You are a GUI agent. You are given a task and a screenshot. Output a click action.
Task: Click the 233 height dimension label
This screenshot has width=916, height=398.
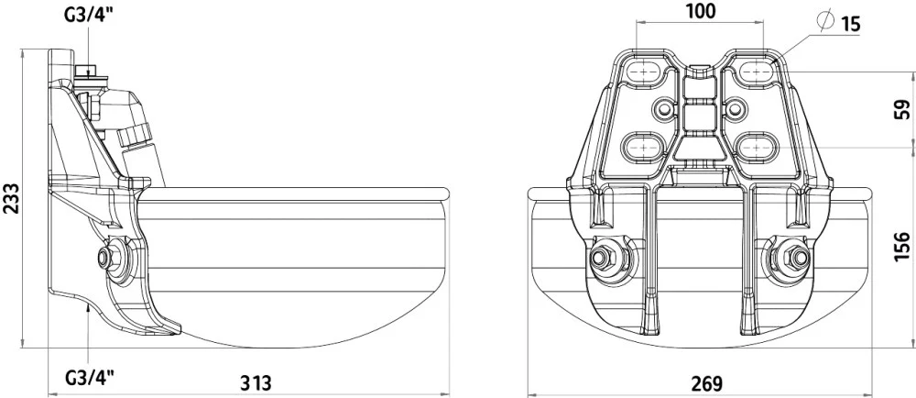(x=12, y=197)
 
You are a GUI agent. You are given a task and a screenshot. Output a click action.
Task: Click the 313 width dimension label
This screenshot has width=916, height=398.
(x=256, y=382)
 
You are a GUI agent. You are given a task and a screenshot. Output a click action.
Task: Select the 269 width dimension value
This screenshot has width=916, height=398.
(x=707, y=383)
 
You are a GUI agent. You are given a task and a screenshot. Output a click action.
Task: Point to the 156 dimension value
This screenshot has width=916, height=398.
(x=902, y=246)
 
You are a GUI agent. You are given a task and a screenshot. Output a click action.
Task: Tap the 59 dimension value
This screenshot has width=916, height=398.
(x=902, y=110)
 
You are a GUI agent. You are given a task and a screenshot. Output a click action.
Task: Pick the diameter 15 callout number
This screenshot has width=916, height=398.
(x=850, y=24)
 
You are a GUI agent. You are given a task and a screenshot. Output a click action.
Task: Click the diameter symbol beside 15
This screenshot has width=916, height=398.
(x=826, y=20)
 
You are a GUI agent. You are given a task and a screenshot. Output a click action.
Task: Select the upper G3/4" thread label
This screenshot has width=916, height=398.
(x=89, y=14)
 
